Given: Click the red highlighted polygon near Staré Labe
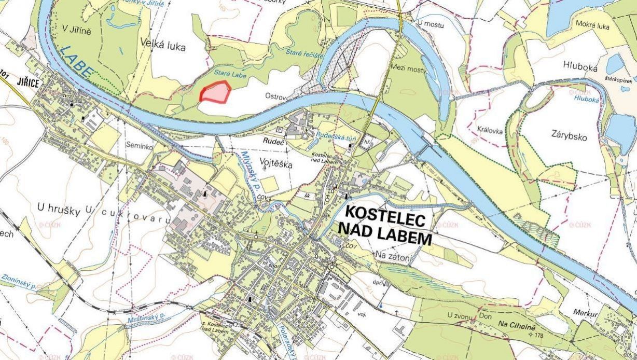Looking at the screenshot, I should pyautogui.click(x=215, y=92).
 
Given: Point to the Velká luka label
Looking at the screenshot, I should pyautogui.click(x=162, y=47).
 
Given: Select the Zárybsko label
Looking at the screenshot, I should pyautogui.click(x=569, y=137).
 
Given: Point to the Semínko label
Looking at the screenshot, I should pyautogui.click(x=139, y=147).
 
